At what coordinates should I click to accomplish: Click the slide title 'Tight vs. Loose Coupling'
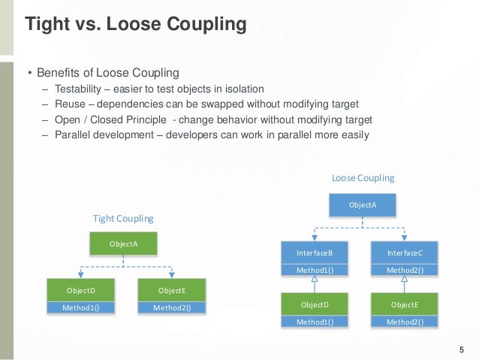click(136, 25)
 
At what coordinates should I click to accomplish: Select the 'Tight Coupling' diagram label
click(123, 219)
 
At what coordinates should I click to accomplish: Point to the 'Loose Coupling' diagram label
click(363, 178)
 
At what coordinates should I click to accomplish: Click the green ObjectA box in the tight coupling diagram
click(123, 244)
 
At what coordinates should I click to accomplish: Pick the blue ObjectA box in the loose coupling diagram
click(363, 204)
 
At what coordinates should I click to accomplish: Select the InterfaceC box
click(405, 253)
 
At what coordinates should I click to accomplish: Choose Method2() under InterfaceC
click(405, 270)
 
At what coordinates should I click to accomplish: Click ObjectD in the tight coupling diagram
click(80, 290)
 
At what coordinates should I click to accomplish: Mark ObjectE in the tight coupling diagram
click(172, 290)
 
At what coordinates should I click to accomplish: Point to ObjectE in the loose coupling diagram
click(405, 304)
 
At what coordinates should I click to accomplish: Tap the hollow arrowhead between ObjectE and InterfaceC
click(405, 280)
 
